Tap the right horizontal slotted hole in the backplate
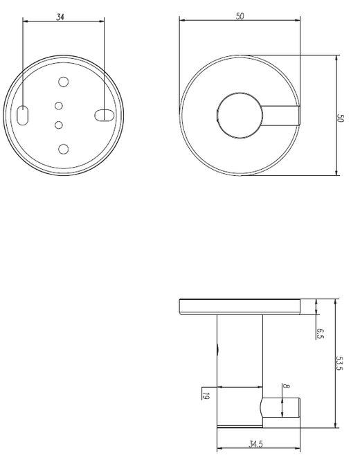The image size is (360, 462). point(103,115)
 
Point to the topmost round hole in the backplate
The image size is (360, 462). point(63,82)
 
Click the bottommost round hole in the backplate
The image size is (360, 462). point(63,149)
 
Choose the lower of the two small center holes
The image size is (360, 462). point(59,125)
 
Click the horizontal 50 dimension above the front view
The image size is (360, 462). point(240,15)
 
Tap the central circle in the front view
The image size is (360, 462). point(240,116)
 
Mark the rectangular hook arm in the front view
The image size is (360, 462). point(280,116)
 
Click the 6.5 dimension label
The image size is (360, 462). point(321,332)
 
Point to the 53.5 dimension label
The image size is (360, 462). point(339,364)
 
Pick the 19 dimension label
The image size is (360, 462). point(206,395)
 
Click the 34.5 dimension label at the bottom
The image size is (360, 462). point(256,443)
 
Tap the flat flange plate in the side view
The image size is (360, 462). point(240,306)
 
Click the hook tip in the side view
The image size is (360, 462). point(290,408)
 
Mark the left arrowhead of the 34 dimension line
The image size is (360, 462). point(26,21)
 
